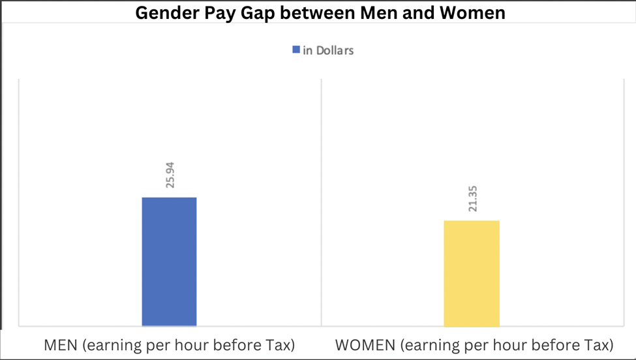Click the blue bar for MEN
[x=169, y=261]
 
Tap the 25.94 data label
[x=170, y=175]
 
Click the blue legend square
[x=296, y=50]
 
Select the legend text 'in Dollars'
[x=328, y=50]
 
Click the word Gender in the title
[x=166, y=12]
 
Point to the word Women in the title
[x=473, y=12]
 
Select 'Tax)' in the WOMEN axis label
[x=598, y=344]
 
